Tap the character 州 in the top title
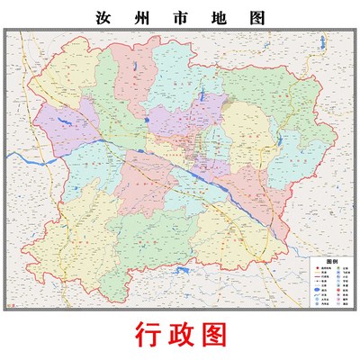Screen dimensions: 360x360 [144, 17]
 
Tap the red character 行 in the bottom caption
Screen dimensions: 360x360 [148, 335]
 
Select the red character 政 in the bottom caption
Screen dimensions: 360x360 [180, 335]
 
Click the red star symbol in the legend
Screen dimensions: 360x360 [315, 268]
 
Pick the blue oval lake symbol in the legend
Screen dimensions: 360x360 [315, 291]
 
